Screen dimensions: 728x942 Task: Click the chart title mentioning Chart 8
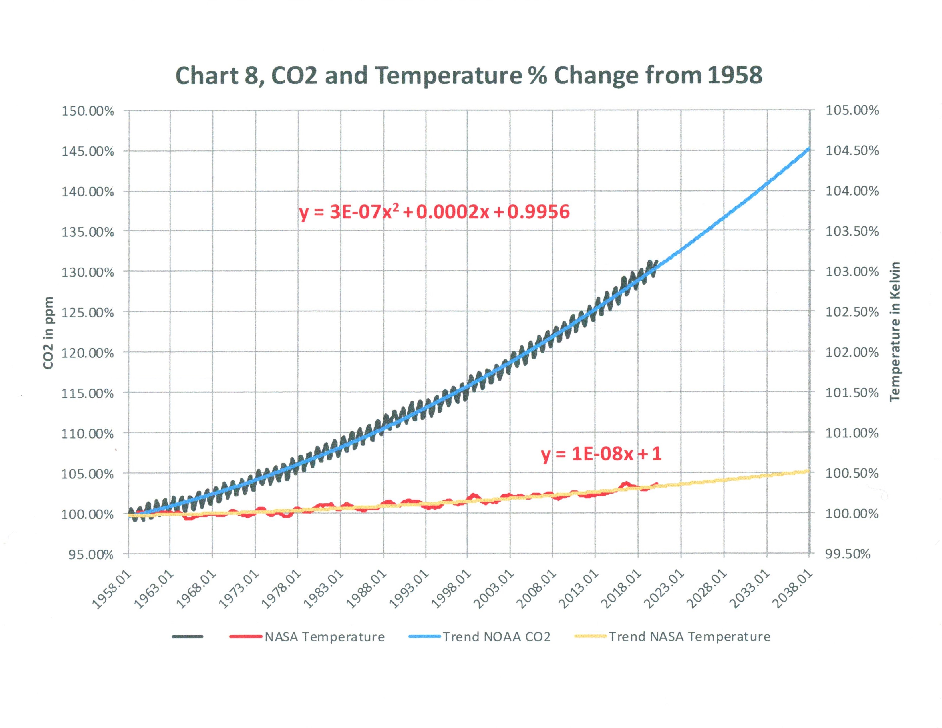pyautogui.click(x=469, y=75)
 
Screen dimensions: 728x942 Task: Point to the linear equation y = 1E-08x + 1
pyautogui.click(x=601, y=454)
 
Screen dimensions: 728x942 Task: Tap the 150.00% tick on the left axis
pyautogui.click(x=88, y=111)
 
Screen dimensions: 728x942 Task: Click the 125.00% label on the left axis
pyautogui.click(x=88, y=313)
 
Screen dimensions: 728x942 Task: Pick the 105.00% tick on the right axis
pyautogui.click(x=852, y=110)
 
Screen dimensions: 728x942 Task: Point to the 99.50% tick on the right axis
pyautogui.click(x=848, y=554)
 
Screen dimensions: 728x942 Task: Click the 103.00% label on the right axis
pyautogui.click(x=852, y=272)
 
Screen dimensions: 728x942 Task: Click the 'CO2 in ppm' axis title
pyautogui.click(x=48, y=333)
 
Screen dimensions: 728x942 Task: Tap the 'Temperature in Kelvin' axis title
pyautogui.click(x=895, y=331)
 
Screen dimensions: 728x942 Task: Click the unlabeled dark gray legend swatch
pyautogui.click(x=188, y=637)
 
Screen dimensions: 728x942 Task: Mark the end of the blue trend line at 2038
pyautogui.click(x=808, y=149)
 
